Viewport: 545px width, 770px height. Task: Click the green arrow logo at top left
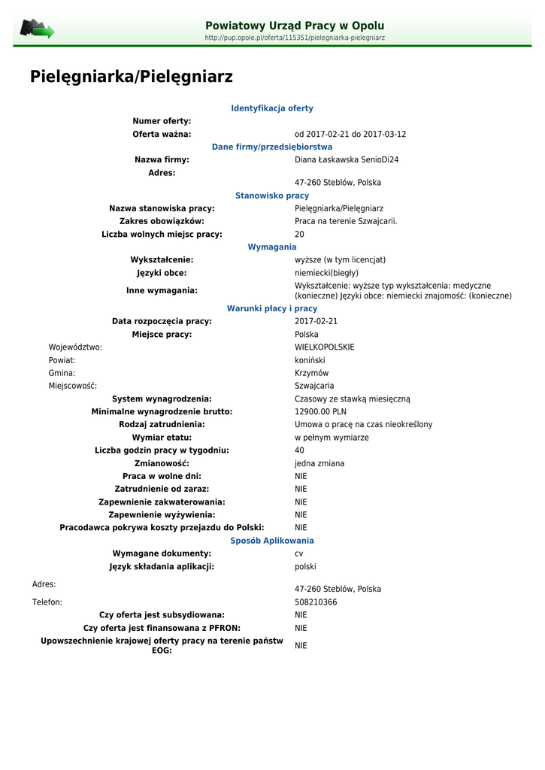click(37, 30)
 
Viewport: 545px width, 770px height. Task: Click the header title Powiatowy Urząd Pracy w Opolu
click(295, 26)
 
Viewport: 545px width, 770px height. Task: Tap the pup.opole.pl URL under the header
click(295, 38)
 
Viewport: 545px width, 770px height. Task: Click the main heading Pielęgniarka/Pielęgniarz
click(132, 77)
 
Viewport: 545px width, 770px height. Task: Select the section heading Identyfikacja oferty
click(272, 108)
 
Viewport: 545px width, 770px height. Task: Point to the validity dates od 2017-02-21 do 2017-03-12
click(350, 134)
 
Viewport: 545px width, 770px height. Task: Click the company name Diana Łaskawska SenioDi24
click(347, 159)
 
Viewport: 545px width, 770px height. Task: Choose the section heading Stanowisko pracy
click(272, 196)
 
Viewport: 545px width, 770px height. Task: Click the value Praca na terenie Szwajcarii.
click(346, 221)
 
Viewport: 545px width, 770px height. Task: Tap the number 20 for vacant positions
click(299, 234)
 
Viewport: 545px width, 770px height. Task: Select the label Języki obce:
click(162, 273)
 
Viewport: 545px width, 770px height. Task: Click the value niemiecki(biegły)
click(326, 273)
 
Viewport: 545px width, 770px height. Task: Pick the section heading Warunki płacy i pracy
click(272, 308)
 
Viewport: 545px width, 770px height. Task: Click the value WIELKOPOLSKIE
click(324, 347)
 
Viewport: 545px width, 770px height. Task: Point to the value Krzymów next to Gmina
click(311, 373)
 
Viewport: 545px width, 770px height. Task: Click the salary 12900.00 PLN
click(320, 411)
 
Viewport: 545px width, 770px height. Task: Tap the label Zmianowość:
click(162, 463)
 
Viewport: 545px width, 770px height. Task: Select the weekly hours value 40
click(299, 450)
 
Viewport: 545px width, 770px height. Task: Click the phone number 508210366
click(316, 602)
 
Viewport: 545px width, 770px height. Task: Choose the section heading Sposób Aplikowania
click(272, 541)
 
